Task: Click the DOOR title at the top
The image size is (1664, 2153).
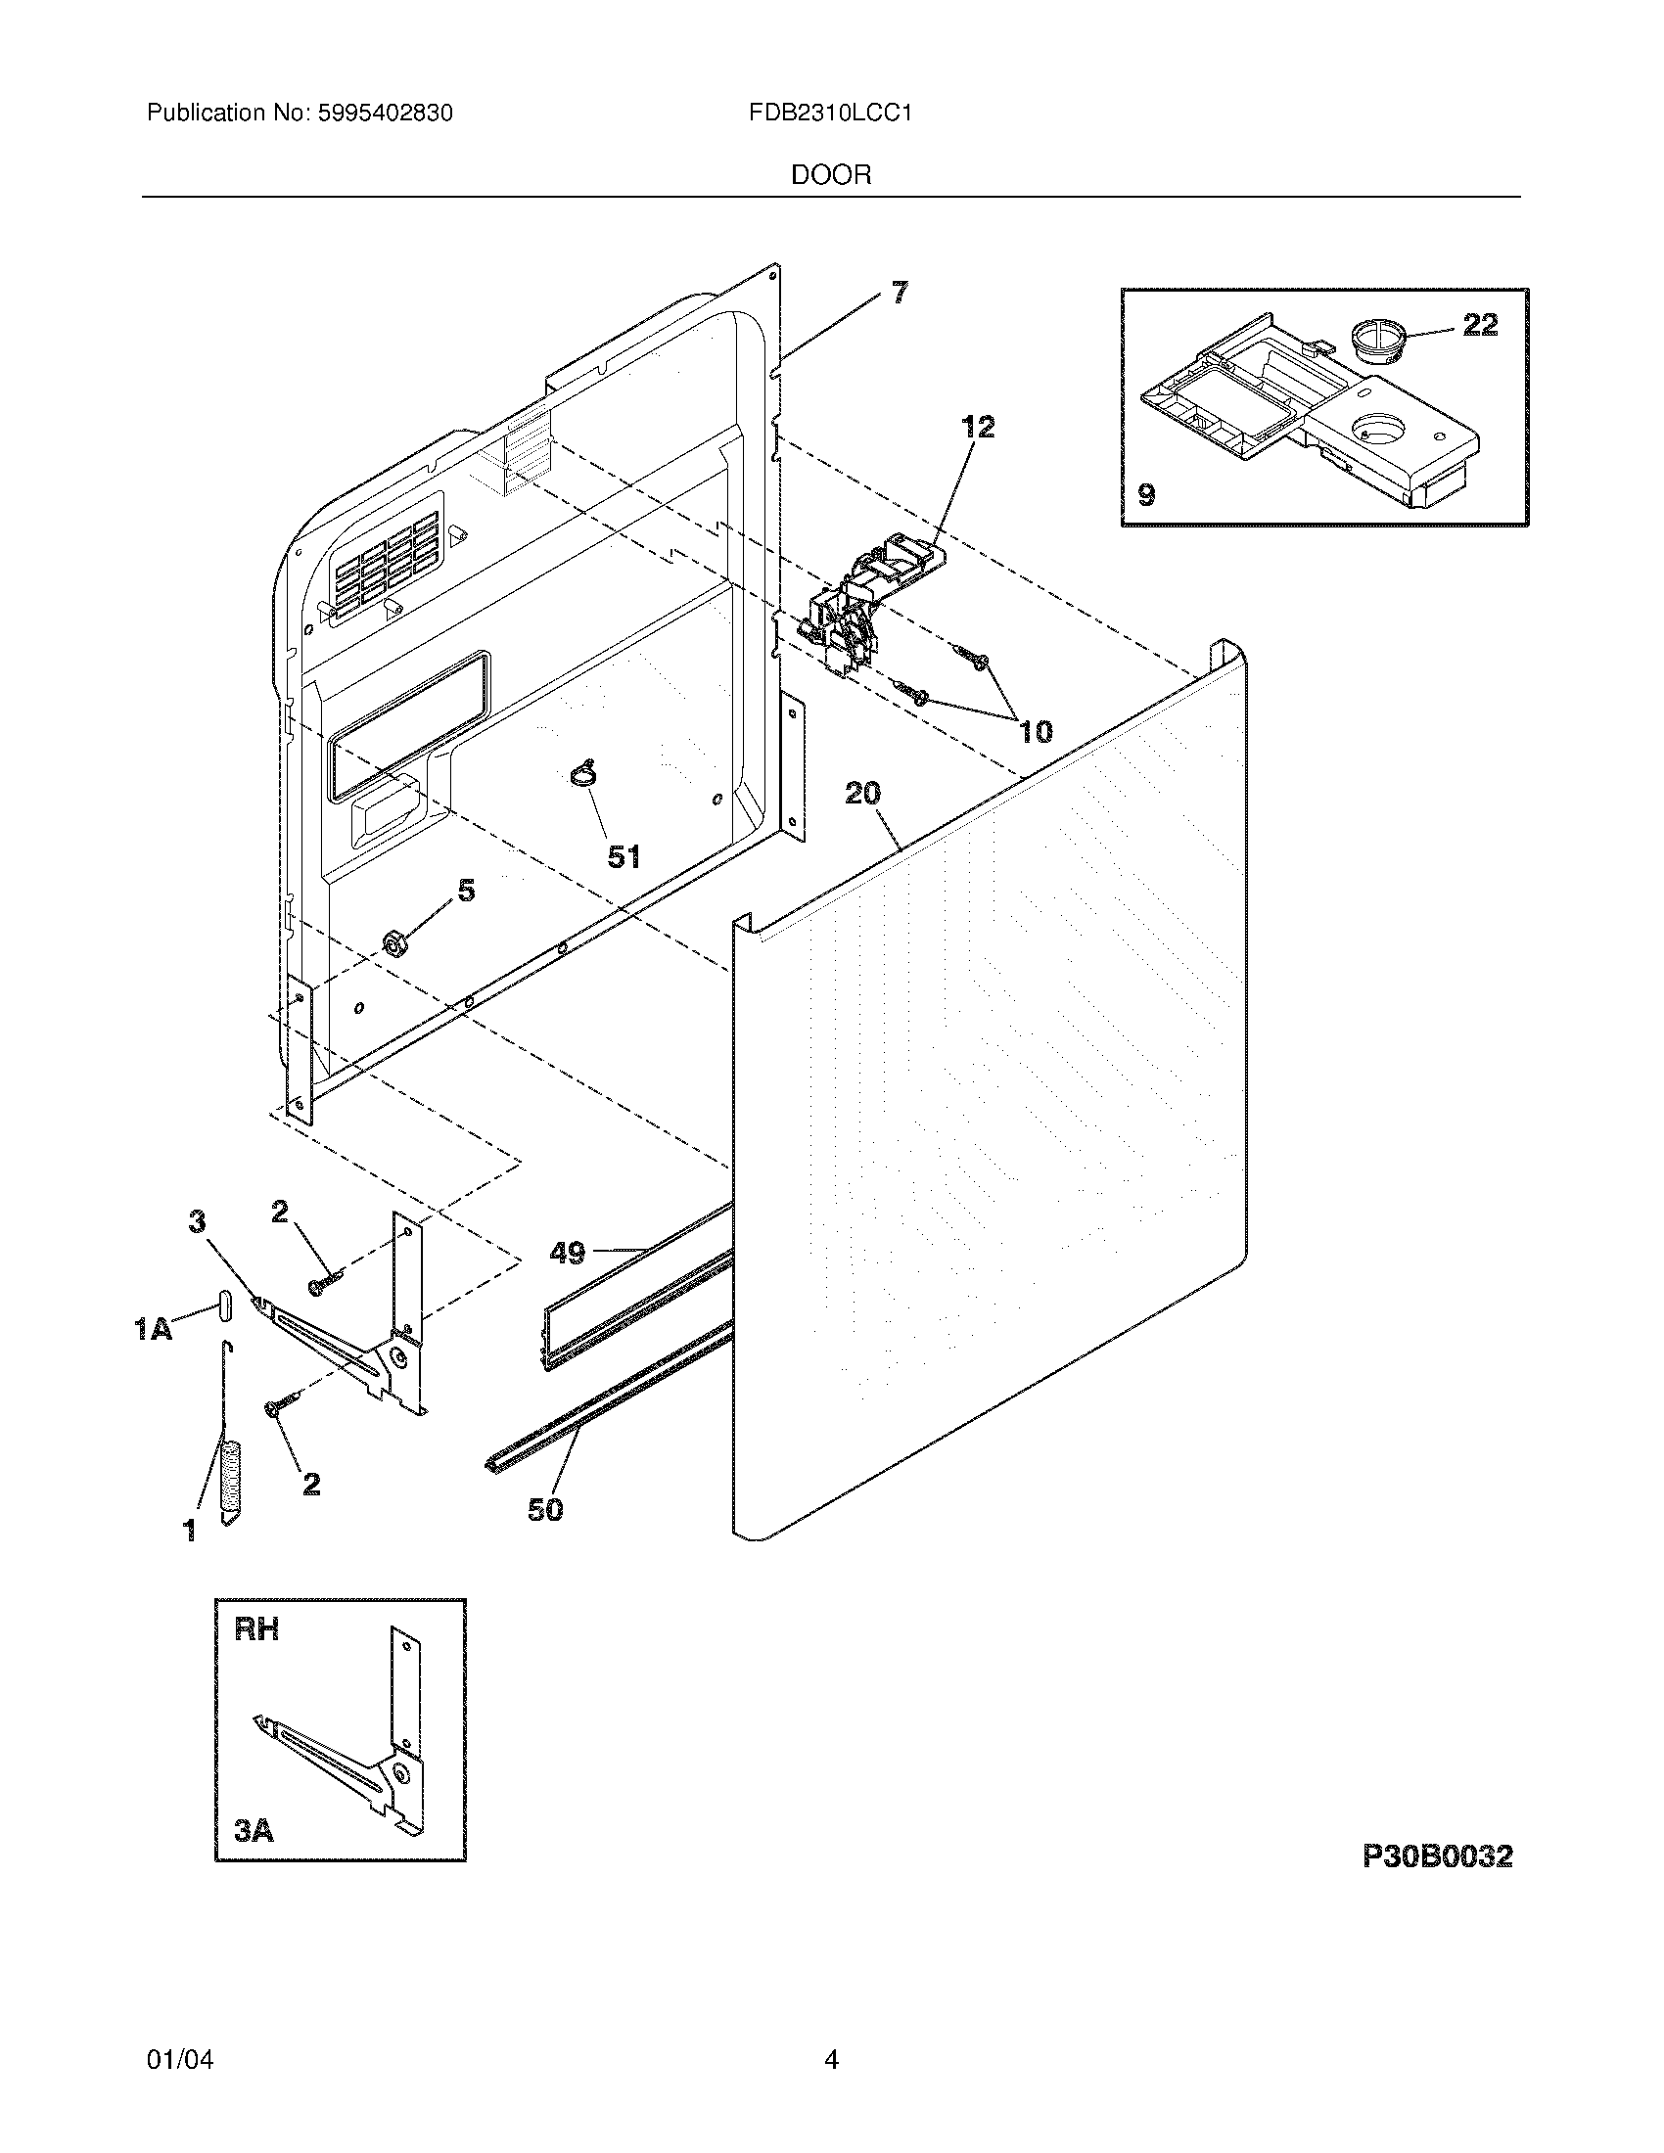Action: pyautogui.click(x=830, y=175)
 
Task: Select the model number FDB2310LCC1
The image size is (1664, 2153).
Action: pyautogui.click(x=830, y=114)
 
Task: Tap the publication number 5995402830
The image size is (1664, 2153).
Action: pyautogui.click(x=386, y=114)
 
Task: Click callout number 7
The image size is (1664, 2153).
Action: pyautogui.click(x=899, y=293)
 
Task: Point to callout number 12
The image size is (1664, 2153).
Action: pyautogui.click(x=978, y=427)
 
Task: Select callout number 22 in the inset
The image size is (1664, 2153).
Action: pyautogui.click(x=1480, y=324)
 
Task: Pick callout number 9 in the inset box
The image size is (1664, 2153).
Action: pyautogui.click(x=1146, y=494)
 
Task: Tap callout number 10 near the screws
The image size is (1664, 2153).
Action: pyautogui.click(x=1035, y=731)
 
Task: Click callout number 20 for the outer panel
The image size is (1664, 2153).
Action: pyautogui.click(x=862, y=793)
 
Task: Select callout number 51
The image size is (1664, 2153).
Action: pyautogui.click(x=623, y=856)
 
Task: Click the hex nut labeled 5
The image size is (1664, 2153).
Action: pyautogui.click(x=395, y=945)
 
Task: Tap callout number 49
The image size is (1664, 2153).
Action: pyautogui.click(x=567, y=1253)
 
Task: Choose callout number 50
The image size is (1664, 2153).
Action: pyautogui.click(x=545, y=1509)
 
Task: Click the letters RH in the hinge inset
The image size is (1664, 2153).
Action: pyautogui.click(x=256, y=1629)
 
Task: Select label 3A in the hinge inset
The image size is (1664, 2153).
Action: pyautogui.click(x=254, y=1831)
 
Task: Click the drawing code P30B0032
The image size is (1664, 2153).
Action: pyautogui.click(x=1436, y=1856)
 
